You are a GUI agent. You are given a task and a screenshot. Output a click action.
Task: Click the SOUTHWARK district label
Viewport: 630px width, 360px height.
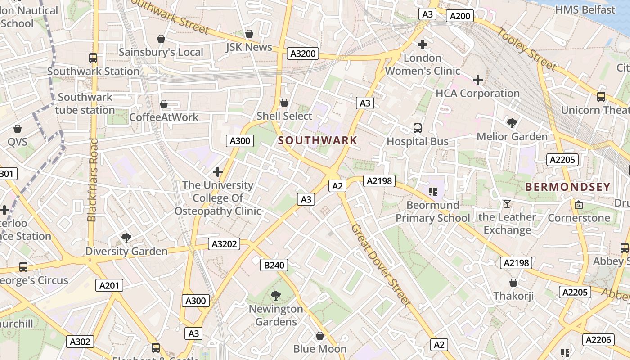point(317,140)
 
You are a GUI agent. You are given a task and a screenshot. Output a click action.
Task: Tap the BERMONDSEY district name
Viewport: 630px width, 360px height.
point(568,187)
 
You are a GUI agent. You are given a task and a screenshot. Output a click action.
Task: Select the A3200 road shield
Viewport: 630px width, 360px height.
point(303,54)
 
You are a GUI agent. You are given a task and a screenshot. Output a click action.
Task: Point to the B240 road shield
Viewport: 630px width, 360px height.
point(274,265)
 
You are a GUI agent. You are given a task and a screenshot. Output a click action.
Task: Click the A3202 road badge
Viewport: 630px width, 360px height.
point(224,244)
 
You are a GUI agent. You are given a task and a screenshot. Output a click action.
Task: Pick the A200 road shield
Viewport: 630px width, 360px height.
point(460,16)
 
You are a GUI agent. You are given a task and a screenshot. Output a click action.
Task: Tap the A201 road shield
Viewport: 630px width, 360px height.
point(109,285)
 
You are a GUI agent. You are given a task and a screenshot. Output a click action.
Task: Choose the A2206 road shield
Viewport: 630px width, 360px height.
point(599,339)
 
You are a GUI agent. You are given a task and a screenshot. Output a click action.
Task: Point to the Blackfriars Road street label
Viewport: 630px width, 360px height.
point(93,180)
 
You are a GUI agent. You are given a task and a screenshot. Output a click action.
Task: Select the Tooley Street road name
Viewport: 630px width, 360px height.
point(527,49)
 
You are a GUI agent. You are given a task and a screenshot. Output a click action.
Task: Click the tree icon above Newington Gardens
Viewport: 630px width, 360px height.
point(276,296)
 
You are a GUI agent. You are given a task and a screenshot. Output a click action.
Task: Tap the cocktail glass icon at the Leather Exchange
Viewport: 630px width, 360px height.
point(507,204)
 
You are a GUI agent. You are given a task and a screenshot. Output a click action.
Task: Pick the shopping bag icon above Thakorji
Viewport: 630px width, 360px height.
point(513,283)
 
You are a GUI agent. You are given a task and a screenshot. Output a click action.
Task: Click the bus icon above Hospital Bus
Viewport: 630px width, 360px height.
point(418,128)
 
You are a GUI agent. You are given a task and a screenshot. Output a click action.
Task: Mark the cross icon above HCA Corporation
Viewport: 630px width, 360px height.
point(478,81)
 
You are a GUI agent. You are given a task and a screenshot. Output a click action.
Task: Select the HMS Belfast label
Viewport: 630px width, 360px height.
point(585,9)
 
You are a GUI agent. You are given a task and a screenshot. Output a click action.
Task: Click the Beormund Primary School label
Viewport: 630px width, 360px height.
point(433,211)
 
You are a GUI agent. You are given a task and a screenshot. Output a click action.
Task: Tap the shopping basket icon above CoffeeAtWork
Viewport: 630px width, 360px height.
point(164,104)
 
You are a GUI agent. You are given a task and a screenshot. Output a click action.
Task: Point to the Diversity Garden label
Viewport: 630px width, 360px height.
point(126,251)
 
